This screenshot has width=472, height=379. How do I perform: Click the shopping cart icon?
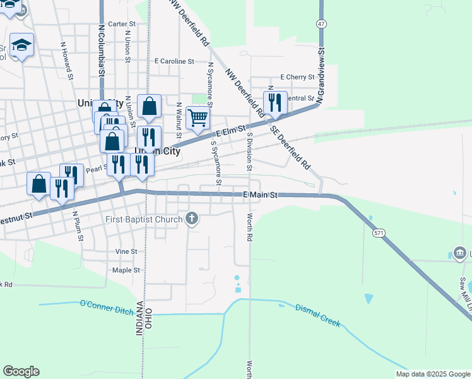(x=198, y=117)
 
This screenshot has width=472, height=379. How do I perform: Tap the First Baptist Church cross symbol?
(x=192, y=219)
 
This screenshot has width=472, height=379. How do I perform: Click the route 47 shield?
(x=322, y=23)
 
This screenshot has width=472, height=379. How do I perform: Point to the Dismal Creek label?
(x=318, y=315)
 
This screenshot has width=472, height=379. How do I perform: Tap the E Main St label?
(x=261, y=195)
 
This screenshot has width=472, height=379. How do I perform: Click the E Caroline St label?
(x=174, y=61)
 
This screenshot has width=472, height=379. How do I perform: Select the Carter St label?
(x=122, y=24)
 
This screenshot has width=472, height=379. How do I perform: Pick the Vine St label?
(x=126, y=251)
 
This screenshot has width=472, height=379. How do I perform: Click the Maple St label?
(x=126, y=270)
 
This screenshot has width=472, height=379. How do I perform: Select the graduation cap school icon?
(x=21, y=45)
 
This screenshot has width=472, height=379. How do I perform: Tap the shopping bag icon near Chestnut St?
(x=38, y=184)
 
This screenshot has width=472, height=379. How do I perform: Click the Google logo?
(x=21, y=371)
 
